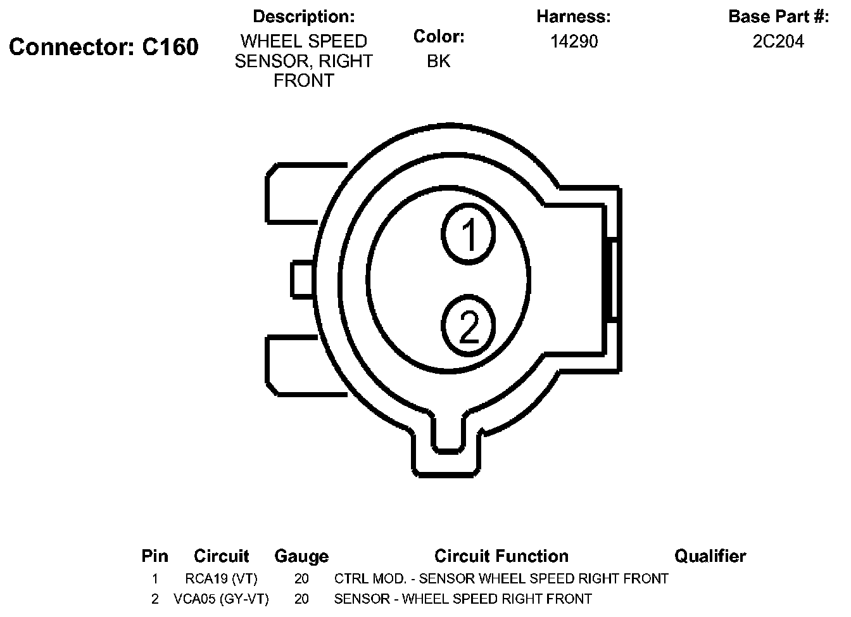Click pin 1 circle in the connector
pos(469,234)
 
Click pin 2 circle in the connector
pos(469,328)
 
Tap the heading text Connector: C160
pos(104,47)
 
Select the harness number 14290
pos(574,42)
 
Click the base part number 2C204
pos(778,42)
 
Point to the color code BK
pos(439,61)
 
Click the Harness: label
pos(574,16)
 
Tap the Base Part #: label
pos(778,16)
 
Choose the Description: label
pos(304,16)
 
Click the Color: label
pos(439,37)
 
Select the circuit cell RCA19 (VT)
pos(222,578)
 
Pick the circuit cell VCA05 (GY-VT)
pos(221,599)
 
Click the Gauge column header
pos(301,556)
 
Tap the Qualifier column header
pos(710,556)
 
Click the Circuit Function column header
pos(501,556)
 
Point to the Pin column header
pos(155,556)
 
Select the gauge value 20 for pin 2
pos(301,599)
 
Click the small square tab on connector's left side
pos(302,279)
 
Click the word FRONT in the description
pos(303,81)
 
